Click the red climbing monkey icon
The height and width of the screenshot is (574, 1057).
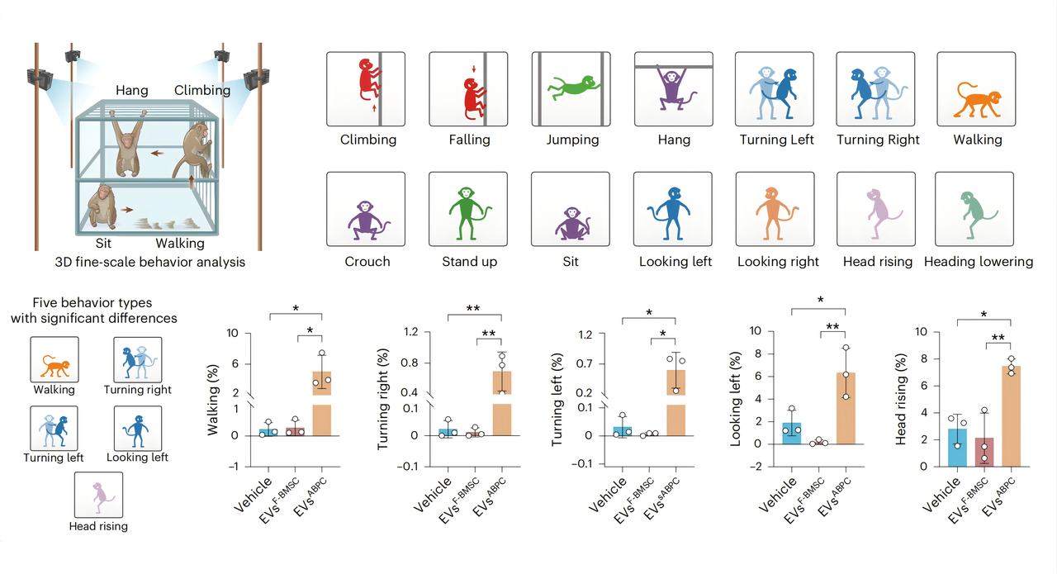point(369,80)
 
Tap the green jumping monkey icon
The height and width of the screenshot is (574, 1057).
point(574,87)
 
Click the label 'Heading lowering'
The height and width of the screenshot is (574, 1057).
point(979,262)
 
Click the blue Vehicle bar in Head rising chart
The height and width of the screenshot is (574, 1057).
point(957,448)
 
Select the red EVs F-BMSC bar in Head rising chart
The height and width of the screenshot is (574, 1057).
point(984,453)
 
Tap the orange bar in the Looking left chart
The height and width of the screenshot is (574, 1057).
point(846,408)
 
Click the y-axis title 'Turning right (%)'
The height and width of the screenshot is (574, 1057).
point(382,399)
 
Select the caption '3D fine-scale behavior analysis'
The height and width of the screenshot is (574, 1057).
point(150,262)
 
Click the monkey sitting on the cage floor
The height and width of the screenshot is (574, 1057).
point(102,208)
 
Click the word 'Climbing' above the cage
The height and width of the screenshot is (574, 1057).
point(202,90)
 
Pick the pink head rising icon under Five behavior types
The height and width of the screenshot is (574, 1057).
point(98,496)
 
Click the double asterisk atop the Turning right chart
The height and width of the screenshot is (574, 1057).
point(473,309)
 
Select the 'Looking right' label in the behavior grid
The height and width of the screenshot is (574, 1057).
point(778,262)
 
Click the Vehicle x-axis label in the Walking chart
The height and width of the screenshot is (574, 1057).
point(253,494)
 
